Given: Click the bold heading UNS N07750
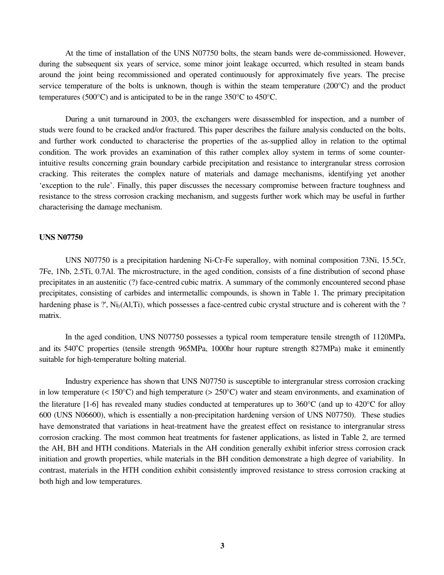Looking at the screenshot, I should point(61,237).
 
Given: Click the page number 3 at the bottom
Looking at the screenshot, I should point(222,546).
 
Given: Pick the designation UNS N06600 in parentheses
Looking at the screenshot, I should point(79,415).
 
